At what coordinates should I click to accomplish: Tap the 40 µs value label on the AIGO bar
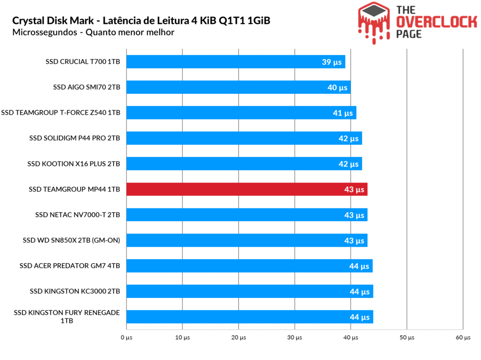338,87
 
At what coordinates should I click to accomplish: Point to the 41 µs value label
343,113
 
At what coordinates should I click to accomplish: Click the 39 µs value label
332,62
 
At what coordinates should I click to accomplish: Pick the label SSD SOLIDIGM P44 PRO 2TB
75,138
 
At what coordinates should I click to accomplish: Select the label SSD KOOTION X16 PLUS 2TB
74,164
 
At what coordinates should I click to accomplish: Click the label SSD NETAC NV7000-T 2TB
78,215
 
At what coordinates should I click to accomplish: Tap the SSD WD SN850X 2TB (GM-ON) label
71,240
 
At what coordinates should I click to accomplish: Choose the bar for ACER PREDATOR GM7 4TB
249,266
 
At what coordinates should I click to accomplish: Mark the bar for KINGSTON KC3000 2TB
249,291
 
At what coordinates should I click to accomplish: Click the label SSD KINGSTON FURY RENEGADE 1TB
67,317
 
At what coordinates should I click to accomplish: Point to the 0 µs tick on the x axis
126,337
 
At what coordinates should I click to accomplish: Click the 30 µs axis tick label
295,337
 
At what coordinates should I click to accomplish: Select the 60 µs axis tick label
463,337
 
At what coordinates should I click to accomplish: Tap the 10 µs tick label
182,337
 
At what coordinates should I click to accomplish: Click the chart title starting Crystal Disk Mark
141,21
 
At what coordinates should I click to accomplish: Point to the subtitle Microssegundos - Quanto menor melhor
93,32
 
